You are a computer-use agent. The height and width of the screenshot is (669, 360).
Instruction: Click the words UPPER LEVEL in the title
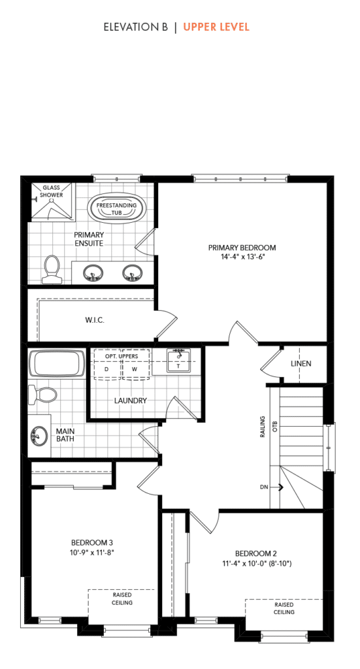(216, 27)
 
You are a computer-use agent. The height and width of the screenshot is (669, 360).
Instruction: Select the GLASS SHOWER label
(52, 191)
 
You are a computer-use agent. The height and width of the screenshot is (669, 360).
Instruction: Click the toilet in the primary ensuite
(51, 269)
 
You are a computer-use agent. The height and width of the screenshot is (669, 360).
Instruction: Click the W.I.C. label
(95, 321)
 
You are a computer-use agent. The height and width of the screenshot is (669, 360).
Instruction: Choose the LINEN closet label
(301, 363)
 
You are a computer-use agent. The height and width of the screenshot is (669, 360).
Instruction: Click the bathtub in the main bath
(57, 364)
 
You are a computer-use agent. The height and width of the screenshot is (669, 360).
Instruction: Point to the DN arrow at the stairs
(272, 486)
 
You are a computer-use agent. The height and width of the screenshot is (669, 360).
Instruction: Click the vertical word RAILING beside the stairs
(263, 427)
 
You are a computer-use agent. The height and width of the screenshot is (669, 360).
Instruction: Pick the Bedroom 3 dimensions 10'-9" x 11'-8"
(92, 552)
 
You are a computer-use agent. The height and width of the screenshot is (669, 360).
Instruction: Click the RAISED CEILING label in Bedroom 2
(284, 608)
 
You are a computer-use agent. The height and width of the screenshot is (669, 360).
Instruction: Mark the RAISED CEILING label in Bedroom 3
(122, 599)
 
